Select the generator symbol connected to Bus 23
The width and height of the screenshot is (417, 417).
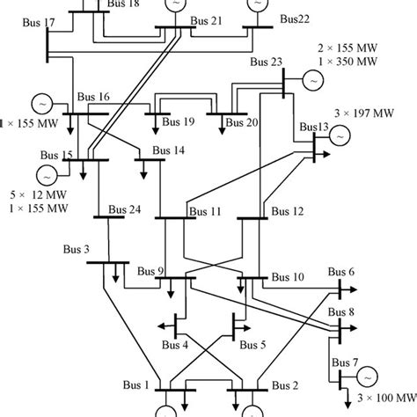311,79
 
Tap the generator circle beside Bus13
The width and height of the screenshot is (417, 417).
340,137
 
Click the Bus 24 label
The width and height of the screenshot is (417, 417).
123,210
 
